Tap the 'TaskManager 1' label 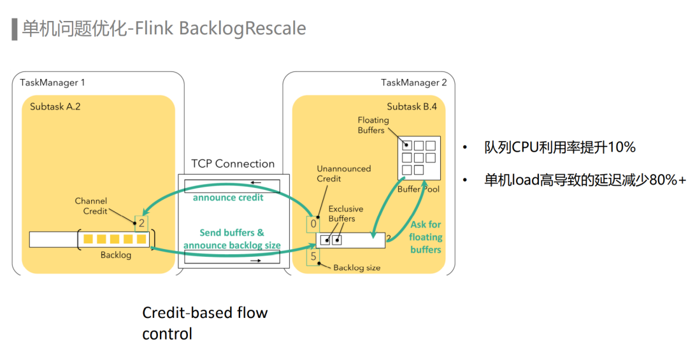[52, 82]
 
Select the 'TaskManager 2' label [413, 82]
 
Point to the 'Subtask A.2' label [55, 106]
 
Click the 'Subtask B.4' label [412, 106]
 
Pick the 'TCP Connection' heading [233, 164]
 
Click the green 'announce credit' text [228, 197]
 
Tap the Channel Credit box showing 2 [141, 223]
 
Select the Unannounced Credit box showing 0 [313, 224]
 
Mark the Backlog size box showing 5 [313, 257]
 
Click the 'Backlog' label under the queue [116, 255]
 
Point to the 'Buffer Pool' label [418, 189]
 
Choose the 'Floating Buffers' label [373, 125]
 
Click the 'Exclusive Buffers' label [345, 213]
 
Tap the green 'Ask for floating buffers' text [426, 237]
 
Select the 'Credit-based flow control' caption [204, 323]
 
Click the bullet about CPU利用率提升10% [559, 147]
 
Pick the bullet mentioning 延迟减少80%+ [585, 180]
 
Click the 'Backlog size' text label [357, 268]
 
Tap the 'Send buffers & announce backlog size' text [231, 239]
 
